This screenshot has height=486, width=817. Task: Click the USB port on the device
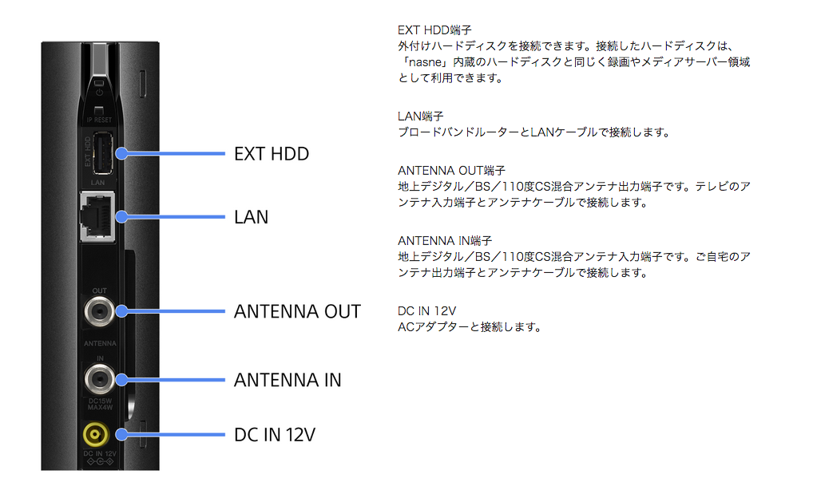[x=103, y=152]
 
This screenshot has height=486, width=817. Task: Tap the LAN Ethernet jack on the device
[x=97, y=216]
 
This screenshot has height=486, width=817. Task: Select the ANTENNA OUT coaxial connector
[x=99, y=311]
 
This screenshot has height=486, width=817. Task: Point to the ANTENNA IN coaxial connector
[x=99, y=379]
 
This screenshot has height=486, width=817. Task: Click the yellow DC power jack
[x=96, y=434]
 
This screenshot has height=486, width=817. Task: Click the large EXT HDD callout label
[x=272, y=154]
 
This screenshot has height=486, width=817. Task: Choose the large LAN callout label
[x=251, y=217]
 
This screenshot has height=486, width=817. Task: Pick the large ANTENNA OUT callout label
[x=297, y=311]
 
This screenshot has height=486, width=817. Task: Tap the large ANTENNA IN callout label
[x=288, y=380]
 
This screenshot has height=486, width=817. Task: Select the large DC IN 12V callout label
[x=275, y=434]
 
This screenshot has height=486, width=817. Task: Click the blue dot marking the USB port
[x=122, y=153]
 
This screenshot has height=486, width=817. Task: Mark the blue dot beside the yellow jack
[x=122, y=434]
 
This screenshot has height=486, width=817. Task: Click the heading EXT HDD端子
[x=434, y=30]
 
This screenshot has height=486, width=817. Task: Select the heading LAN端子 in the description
[x=421, y=116]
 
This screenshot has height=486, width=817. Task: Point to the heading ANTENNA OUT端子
[x=451, y=170]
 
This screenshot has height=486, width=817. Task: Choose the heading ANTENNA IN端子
[x=445, y=241]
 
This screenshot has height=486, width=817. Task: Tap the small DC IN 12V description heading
[x=426, y=311]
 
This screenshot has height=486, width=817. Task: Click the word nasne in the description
[x=426, y=62]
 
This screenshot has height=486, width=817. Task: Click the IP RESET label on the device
[x=99, y=120]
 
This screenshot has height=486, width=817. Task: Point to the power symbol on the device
[x=99, y=93]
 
